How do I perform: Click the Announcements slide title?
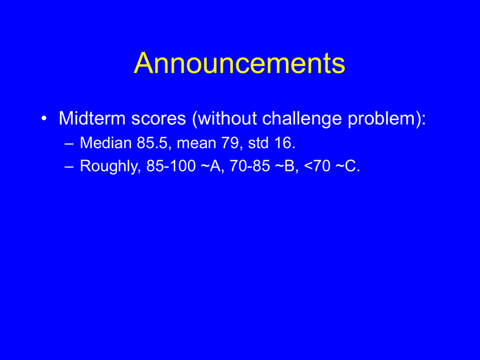[x=240, y=63]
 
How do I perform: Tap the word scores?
[x=158, y=119]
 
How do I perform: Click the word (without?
[x=224, y=119]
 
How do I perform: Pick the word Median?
[x=105, y=142]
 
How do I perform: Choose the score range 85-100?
[x=171, y=166]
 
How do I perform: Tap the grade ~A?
[x=212, y=166]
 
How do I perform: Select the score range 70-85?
[x=250, y=166]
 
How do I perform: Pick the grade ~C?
[x=348, y=166]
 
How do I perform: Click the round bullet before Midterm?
[x=45, y=119]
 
